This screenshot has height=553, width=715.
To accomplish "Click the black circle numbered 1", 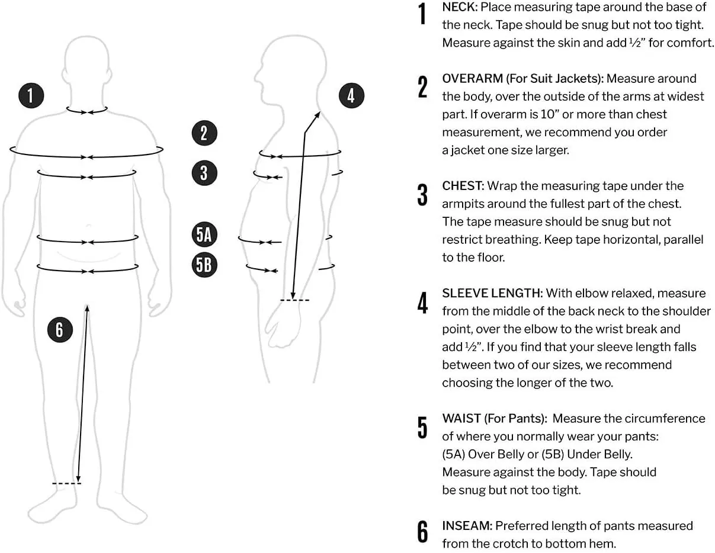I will [31, 95].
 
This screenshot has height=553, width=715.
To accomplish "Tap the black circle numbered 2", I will [204, 133].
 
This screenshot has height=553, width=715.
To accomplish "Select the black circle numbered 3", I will [204, 173].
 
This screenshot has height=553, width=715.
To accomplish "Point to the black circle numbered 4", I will [351, 95].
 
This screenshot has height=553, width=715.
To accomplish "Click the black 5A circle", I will [204, 235].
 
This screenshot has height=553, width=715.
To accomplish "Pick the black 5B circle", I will [204, 265].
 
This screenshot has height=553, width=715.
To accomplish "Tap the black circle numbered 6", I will [60, 329].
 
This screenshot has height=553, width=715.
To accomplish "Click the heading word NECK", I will [460, 7].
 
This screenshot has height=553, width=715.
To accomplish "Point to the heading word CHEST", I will [463, 186].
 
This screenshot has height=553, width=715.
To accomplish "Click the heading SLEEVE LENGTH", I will [492, 293].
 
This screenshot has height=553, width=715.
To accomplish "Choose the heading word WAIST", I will [461, 419].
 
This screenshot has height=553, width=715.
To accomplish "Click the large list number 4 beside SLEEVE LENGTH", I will [422, 303].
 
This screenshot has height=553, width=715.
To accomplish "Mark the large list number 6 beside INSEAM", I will [422, 532].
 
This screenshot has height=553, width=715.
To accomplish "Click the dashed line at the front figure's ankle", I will [66, 484].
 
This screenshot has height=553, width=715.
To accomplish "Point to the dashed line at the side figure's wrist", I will [294, 301].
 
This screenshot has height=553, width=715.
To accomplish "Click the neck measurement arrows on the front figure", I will [87, 111].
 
